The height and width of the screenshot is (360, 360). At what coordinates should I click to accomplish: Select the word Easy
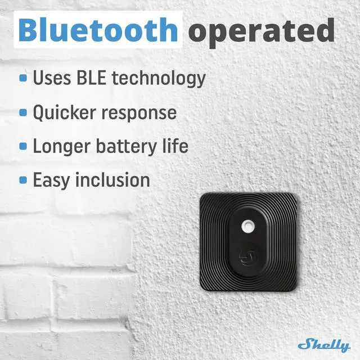pos(52,181)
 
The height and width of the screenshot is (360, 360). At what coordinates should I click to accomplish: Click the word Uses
pos(52,78)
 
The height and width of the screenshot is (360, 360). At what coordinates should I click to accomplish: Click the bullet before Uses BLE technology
pos(23,79)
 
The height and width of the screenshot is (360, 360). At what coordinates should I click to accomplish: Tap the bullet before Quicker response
pos(23,112)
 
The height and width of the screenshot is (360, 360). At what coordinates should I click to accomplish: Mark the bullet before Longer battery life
pos(23,146)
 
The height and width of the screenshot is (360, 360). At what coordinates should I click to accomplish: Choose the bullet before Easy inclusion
pos(23,180)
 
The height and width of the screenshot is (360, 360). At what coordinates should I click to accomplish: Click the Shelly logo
pos(323,344)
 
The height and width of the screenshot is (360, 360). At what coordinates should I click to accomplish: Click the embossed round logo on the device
pos(247,256)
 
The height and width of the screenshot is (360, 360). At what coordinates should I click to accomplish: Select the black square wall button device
pos(248,241)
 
